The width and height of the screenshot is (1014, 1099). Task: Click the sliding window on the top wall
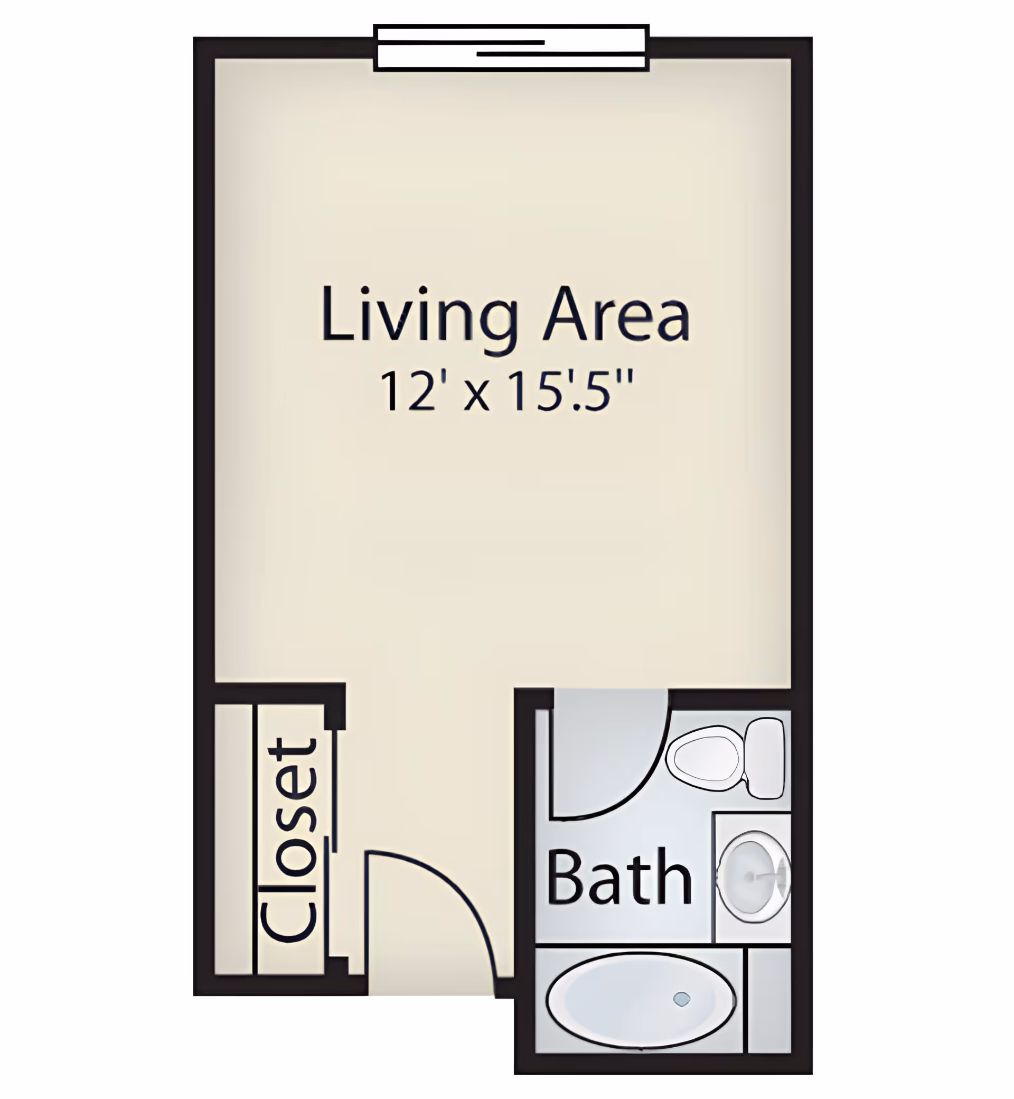[511, 48]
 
